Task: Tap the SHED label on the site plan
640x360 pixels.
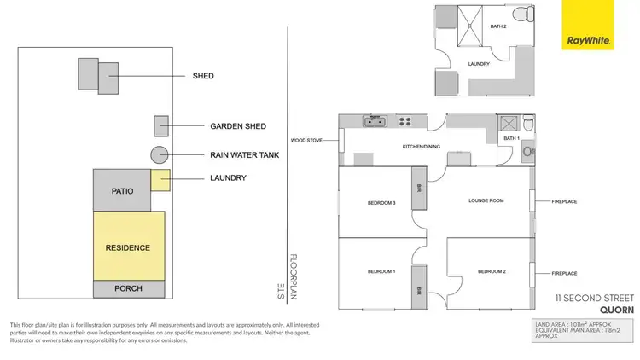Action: [x=203, y=76]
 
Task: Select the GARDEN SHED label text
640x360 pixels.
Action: [x=238, y=126]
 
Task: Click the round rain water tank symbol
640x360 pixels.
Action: [x=159, y=155]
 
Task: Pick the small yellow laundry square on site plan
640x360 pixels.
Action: [x=161, y=179]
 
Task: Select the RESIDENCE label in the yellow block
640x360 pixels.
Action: [x=128, y=248]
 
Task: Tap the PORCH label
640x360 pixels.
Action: [x=128, y=289]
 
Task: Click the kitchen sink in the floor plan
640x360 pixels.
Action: [x=375, y=122]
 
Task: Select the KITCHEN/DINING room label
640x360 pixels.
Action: [x=421, y=147]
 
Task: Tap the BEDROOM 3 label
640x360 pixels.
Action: [x=381, y=203]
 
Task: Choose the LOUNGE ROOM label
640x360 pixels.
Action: [x=486, y=201]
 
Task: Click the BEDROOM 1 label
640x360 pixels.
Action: [x=381, y=271]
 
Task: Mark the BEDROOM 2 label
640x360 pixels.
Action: [x=492, y=271]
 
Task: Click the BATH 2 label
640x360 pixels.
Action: [x=498, y=26]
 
